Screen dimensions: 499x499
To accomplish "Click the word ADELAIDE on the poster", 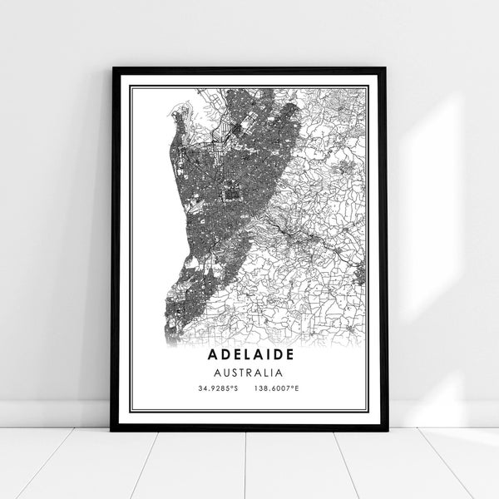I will (x=249, y=355).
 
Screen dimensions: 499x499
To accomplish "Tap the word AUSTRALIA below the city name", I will (x=249, y=373).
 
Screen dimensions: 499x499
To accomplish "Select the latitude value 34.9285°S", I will (x=217, y=388).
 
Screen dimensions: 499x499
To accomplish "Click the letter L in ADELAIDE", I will (x=236, y=355).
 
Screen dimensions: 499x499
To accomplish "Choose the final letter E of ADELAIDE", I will (x=299, y=355).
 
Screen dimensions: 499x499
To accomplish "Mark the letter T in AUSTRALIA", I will (x=243, y=373).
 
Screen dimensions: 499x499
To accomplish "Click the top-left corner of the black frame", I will (x=112, y=68).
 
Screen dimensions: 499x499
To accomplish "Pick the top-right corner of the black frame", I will (x=386, y=68).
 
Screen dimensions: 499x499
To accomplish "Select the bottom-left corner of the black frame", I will (x=112, y=429).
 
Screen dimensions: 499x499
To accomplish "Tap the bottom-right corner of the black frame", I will (x=386, y=429).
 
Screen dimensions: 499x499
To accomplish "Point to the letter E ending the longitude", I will (x=297, y=388).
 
